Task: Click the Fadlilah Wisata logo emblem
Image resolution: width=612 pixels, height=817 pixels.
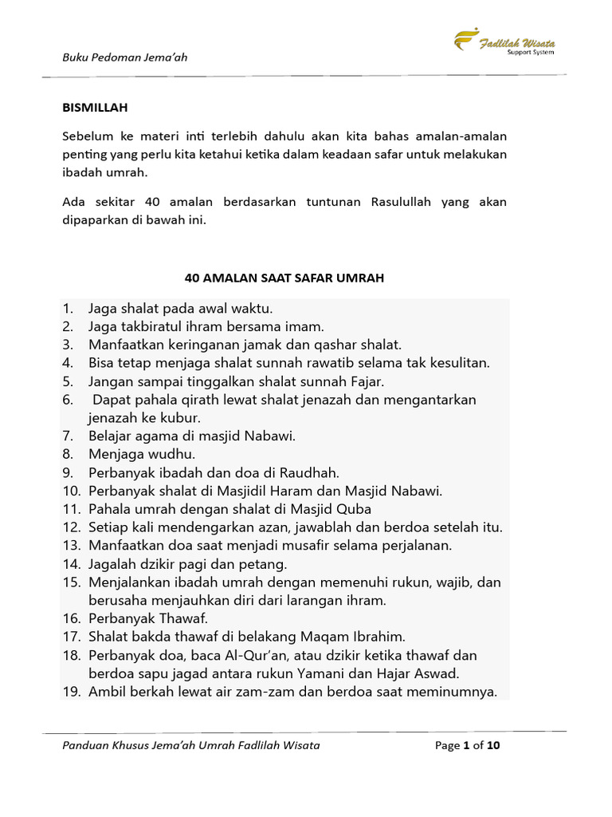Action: pos(467,40)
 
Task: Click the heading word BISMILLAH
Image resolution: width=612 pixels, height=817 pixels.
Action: pos(95,107)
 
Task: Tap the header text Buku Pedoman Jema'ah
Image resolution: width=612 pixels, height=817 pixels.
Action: pos(125,57)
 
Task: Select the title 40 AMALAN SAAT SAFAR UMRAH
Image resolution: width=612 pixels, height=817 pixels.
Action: pos(284,278)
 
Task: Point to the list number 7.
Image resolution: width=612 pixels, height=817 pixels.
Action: pos(69,436)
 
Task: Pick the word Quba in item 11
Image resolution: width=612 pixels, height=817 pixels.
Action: pos(355,509)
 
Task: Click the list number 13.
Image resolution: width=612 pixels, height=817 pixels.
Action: pos(73,546)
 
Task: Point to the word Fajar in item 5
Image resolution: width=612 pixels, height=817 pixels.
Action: pos(367,381)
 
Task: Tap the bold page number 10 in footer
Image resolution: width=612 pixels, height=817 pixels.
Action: pos(493,746)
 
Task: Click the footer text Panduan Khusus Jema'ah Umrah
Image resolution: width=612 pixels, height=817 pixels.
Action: pos(159,746)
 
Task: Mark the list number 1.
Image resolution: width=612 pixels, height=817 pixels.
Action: pos(69,308)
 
